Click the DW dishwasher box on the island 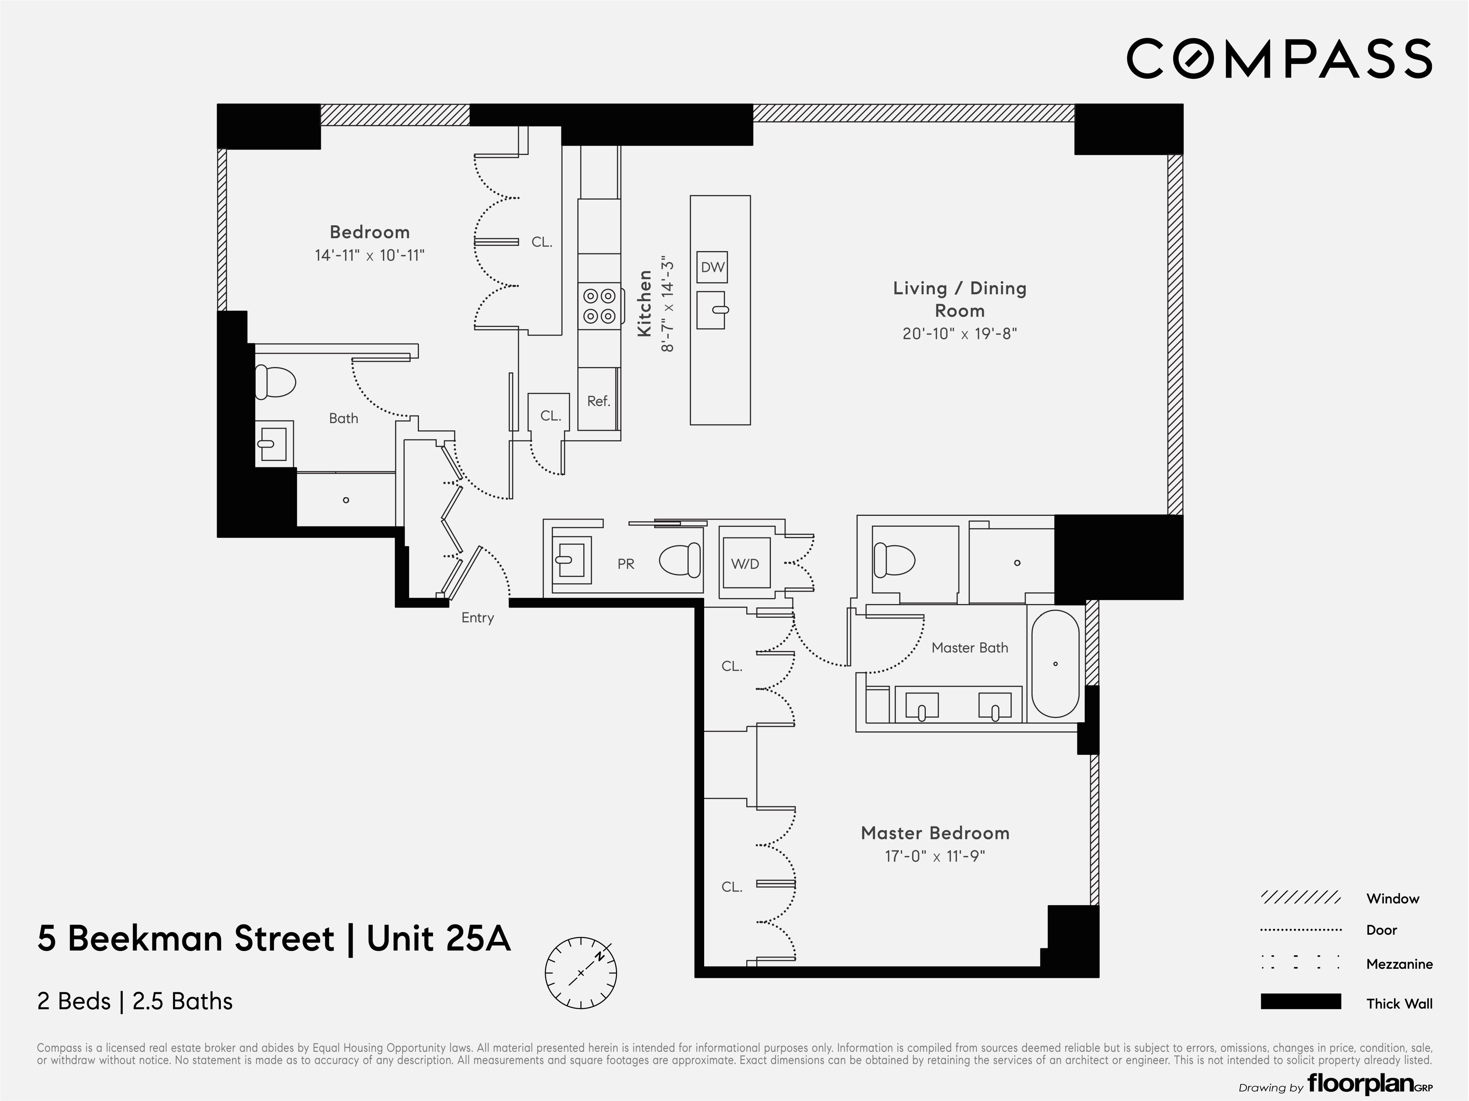(712, 267)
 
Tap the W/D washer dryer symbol (745, 563)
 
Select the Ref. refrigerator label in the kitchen (599, 401)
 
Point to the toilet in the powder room (680, 560)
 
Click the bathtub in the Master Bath (1055, 664)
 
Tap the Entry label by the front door (478, 618)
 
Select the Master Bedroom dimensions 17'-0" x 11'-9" (935, 856)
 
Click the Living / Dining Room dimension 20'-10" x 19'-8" (959, 333)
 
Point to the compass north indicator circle (580, 973)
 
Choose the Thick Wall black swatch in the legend (1300, 1001)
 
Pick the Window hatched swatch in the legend (1300, 898)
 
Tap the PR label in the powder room (625, 564)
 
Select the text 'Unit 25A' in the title (438, 938)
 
